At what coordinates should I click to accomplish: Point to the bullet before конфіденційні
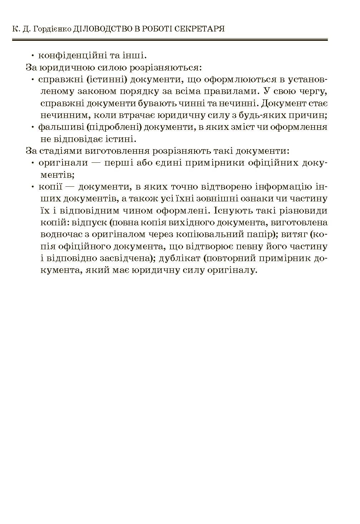[x=33, y=56]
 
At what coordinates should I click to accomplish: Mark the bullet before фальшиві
[x=33, y=127]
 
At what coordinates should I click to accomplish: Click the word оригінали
[x=63, y=163]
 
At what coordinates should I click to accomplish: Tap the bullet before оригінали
[x=33, y=163]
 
